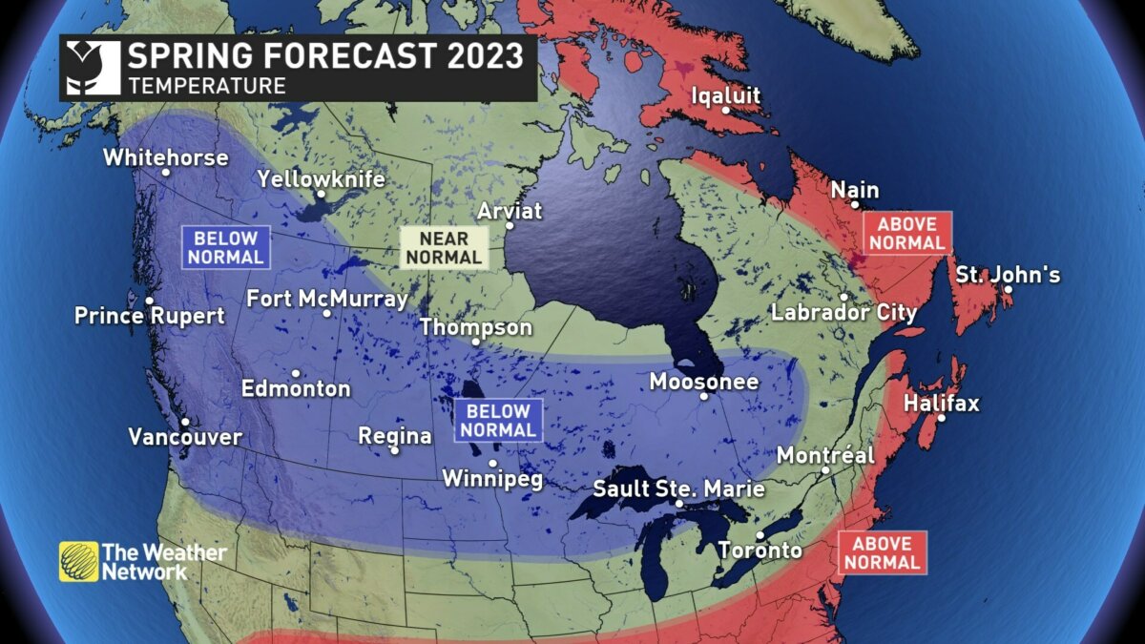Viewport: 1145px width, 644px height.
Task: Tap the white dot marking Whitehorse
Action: pos(166,173)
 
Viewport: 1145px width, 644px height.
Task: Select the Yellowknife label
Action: pos(321,178)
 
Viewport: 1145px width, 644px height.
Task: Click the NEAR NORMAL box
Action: pos(443,247)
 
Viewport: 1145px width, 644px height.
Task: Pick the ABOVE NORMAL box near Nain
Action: pos(906,233)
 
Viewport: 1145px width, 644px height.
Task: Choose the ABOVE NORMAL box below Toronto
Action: pos(882,552)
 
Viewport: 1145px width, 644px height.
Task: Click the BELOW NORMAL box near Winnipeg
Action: pos(497,421)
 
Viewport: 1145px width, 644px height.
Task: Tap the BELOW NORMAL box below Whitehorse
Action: pos(225,247)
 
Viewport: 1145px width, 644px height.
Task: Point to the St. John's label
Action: pos(1008,275)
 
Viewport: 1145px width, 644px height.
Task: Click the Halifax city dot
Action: pos(941,419)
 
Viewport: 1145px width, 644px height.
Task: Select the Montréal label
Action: pos(825,455)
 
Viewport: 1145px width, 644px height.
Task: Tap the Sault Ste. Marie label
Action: pos(678,488)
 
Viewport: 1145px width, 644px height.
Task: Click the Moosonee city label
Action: pos(703,382)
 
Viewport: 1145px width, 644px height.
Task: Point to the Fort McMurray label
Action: pos(326,299)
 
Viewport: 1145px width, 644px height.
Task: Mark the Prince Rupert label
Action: pos(150,315)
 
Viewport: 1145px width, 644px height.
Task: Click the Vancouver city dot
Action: pos(184,422)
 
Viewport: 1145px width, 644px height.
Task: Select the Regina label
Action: pos(394,435)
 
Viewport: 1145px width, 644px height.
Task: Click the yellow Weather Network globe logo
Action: pos(78,562)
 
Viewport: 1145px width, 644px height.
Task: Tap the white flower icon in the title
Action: pos(93,68)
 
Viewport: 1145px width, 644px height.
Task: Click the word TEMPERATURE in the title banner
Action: pos(207,86)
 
